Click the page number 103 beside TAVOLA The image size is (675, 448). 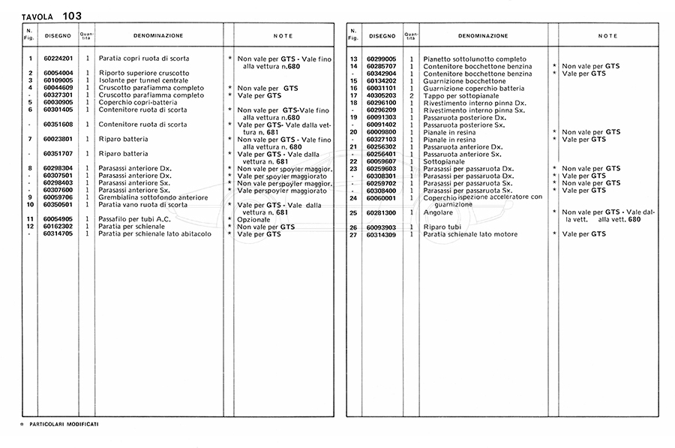point(73,16)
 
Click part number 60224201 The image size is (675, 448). point(58,59)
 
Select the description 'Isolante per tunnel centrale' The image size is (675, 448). point(143,80)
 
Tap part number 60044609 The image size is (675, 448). point(58,88)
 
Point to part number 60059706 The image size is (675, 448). point(58,197)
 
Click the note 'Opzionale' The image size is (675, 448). point(253,219)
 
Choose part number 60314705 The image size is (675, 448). point(58,233)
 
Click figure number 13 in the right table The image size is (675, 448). point(352,59)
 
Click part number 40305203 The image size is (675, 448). point(382,95)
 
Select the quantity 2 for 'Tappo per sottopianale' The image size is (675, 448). point(412,95)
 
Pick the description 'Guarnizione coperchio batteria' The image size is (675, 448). point(474,88)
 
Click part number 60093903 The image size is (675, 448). point(382,227)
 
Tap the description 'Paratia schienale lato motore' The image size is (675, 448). point(471,234)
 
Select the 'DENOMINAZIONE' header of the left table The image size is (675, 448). point(158,35)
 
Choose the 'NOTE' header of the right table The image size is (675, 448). point(607,35)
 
